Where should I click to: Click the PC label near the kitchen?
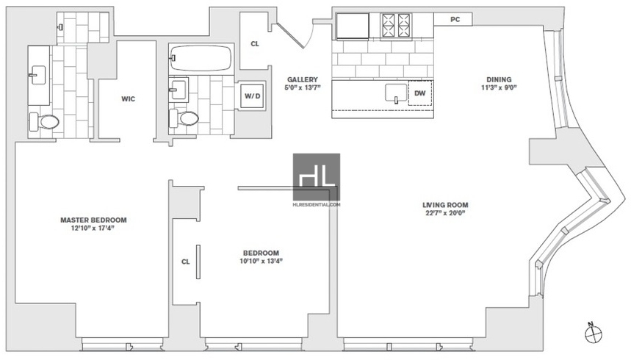(x=455, y=19)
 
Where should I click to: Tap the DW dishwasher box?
(x=420, y=93)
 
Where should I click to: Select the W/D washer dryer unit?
(x=252, y=96)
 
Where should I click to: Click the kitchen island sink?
(x=396, y=93)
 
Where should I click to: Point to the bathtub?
(x=201, y=58)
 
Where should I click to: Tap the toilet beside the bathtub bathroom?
(x=184, y=118)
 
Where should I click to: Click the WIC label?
(x=129, y=99)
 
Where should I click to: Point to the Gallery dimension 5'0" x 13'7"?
(x=303, y=87)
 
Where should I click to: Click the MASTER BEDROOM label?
(x=93, y=220)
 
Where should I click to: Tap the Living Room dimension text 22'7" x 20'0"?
(x=445, y=213)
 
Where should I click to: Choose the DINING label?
(x=499, y=79)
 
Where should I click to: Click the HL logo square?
(x=317, y=177)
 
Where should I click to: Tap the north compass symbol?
(x=594, y=333)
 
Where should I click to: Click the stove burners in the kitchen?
(x=397, y=26)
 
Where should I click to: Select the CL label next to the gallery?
(x=255, y=44)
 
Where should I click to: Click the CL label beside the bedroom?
(x=186, y=262)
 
